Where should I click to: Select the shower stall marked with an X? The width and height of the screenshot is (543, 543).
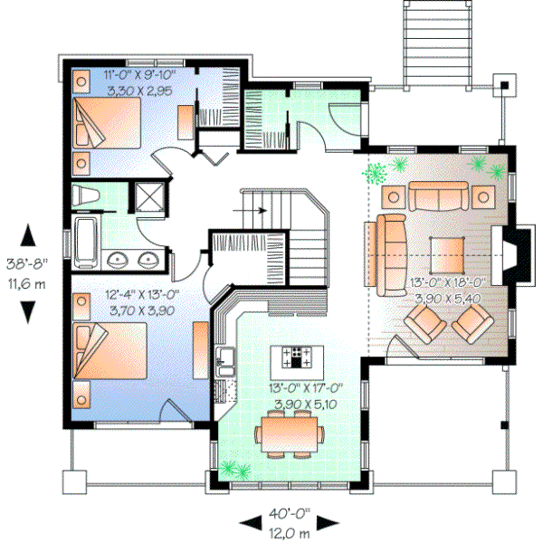coord(146,197)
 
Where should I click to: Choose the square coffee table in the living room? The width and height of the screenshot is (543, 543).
coord(449,254)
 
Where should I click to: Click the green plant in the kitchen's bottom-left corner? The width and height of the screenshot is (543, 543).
coord(236,468)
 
